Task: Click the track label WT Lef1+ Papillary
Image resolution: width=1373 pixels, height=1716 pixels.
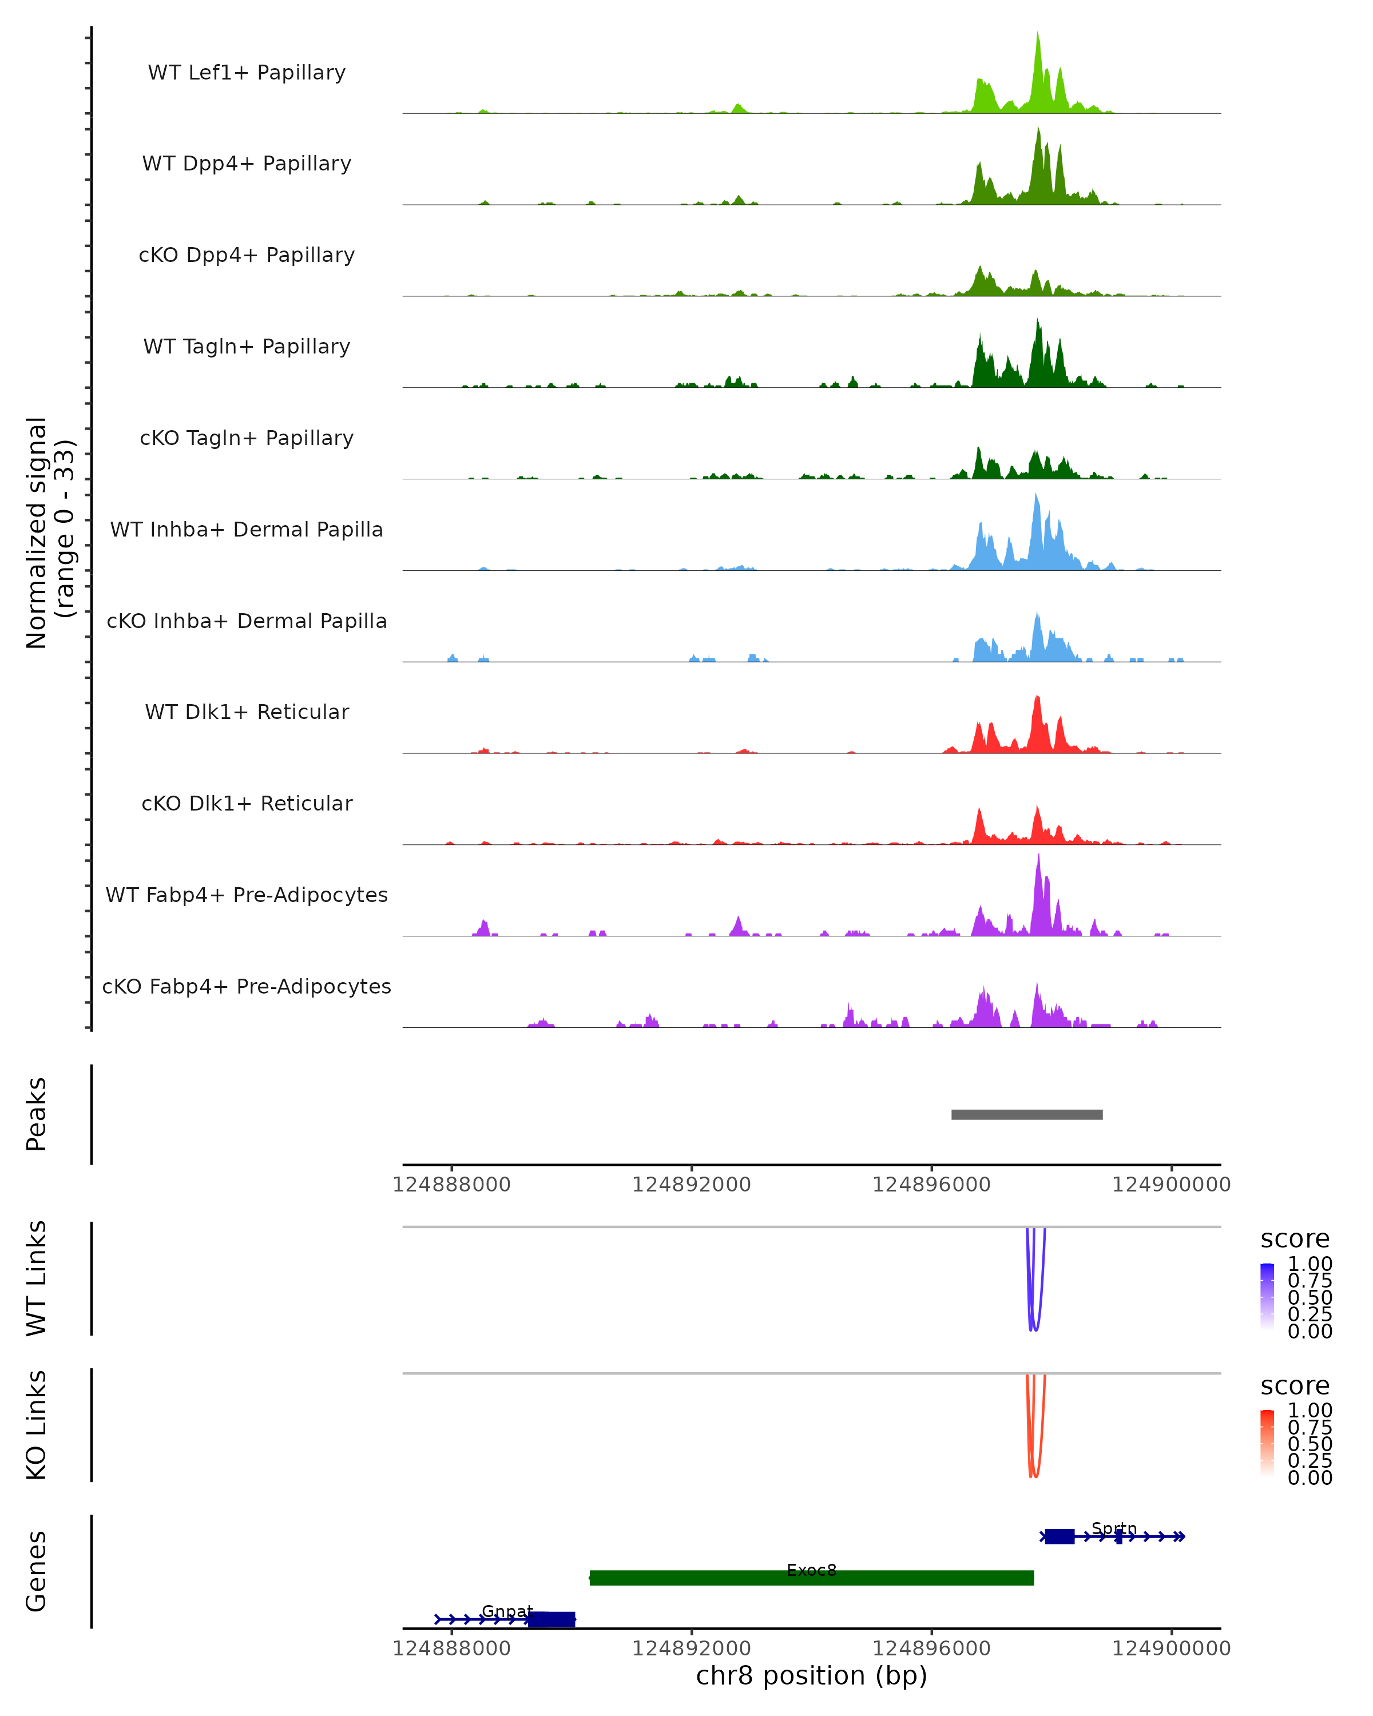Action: click(x=247, y=73)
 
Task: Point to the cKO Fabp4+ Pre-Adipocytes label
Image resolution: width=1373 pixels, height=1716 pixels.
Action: click(x=247, y=986)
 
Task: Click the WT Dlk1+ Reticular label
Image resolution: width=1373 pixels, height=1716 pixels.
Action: click(x=247, y=712)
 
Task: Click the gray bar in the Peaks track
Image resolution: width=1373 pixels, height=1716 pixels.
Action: click(x=1027, y=1114)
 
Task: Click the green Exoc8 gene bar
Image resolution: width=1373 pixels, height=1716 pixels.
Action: click(x=811, y=1578)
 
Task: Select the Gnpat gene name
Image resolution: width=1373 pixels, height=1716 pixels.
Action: click(x=507, y=1611)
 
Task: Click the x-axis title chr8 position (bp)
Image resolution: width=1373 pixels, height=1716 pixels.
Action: click(x=811, y=1675)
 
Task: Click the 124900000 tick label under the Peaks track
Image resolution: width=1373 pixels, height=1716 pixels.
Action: click(x=1171, y=1185)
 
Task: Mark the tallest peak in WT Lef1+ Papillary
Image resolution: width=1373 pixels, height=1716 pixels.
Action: click(x=1037, y=36)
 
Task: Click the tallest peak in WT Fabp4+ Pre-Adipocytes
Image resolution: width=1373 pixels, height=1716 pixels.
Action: click(x=1038, y=858)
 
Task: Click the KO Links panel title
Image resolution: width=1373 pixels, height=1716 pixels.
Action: click(x=37, y=1425)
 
